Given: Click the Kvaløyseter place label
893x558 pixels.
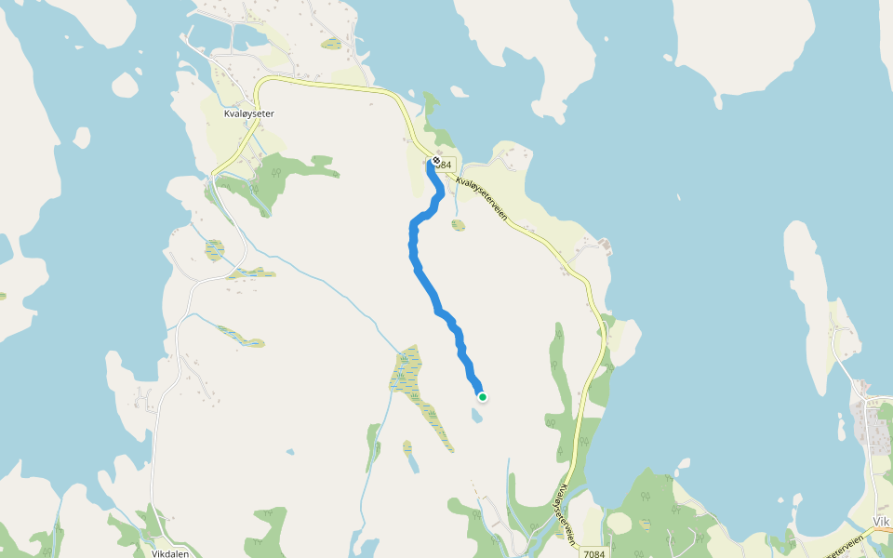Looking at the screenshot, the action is pyautogui.click(x=249, y=113).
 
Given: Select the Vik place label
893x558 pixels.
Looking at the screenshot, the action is pyautogui.click(x=882, y=522).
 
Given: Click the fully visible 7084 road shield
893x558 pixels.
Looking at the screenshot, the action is pyautogui.click(x=595, y=553).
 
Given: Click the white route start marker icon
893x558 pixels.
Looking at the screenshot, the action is pyautogui.click(x=435, y=161).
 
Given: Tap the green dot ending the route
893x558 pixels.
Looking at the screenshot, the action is pyautogui.click(x=483, y=397).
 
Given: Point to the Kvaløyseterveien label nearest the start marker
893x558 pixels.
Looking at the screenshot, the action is pyautogui.click(x=482, y=198).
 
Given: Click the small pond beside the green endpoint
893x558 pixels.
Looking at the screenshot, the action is pyautogui.click(x=476, y=416).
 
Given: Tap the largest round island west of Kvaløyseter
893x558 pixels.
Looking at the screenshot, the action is pyautogui.click(x=125, y=86).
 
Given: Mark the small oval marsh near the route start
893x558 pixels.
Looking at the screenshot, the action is pyautogui.click(x=459, y=224).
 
